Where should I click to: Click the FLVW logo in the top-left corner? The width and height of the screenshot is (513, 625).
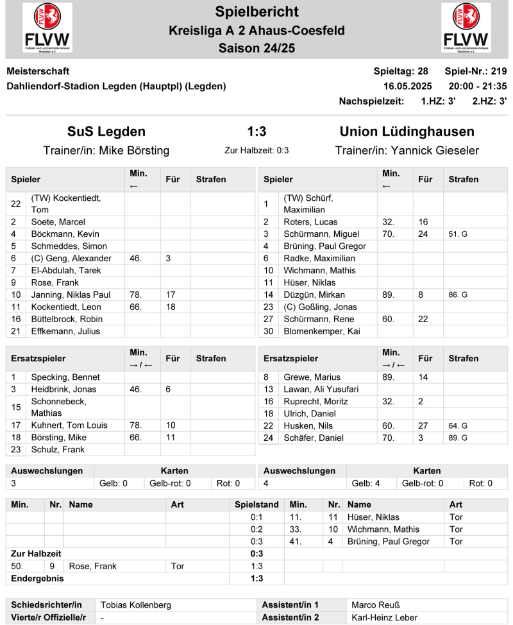(x=47, y=28)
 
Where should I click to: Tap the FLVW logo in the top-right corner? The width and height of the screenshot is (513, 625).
(x=466, y=28)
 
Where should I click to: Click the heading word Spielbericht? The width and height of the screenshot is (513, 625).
(x=256, y=11)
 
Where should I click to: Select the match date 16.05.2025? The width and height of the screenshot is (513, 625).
(x=408, y=86)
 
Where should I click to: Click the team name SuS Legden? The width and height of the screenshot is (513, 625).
(x=106, y=132)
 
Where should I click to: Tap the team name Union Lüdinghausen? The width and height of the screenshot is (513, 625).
(x=407, y=132)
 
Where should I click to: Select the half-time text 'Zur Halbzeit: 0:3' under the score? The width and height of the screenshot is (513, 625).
(x=256, y=151)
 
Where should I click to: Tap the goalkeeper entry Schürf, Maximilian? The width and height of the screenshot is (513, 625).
(x=308, y=204)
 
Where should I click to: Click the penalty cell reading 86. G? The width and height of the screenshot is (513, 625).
(x=458, y=295)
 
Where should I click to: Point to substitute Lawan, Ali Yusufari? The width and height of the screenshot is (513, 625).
(x=321, y=390)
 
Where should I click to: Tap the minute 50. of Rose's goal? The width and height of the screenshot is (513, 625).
(x=19, y=566)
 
